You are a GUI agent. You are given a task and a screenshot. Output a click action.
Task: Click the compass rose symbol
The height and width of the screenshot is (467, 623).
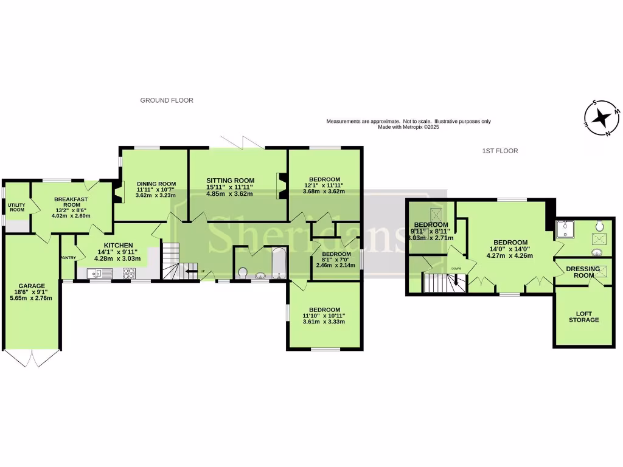point(602,116)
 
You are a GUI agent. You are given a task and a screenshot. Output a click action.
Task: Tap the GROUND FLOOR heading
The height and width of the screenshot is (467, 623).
point(167,100)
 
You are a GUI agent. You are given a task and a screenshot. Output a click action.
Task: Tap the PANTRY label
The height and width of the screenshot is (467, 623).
point(68,258)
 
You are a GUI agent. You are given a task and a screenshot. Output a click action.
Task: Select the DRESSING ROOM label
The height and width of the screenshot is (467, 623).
point(583,272)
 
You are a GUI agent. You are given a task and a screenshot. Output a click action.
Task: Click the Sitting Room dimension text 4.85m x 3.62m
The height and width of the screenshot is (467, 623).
point(230,194)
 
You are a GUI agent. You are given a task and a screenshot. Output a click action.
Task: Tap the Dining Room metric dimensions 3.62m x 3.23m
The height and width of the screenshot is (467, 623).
point(156,195)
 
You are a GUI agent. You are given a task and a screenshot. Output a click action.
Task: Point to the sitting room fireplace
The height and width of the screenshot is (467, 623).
point(282,186)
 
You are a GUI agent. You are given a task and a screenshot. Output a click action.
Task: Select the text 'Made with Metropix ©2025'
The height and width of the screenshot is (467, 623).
point(408,127)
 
